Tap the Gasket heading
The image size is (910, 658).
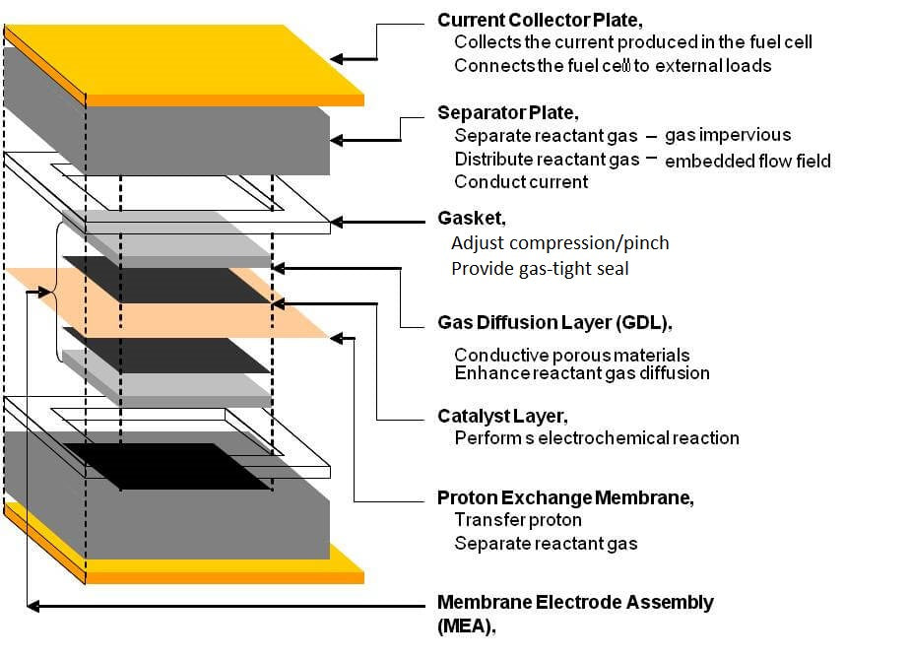tap(471, 218)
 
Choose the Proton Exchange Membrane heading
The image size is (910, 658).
tap(565, 497)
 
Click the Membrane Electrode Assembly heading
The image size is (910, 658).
tap(575, 602)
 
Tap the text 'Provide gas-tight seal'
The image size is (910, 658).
tap(539, 268)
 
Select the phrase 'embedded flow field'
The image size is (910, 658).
tap(747, 161)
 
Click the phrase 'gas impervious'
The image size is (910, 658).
tap(727, 135)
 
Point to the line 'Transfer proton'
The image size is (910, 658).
tap(518, 519)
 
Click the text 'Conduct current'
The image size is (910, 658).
tap(521, 182)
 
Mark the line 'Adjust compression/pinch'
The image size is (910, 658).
tap(560, 242)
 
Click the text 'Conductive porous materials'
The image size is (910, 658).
tap(571, 355)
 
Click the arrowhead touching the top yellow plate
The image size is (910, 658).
tap(337, 59)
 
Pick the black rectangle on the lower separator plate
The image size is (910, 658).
tap(167, 465)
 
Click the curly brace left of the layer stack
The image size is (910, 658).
tap(53, 292)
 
